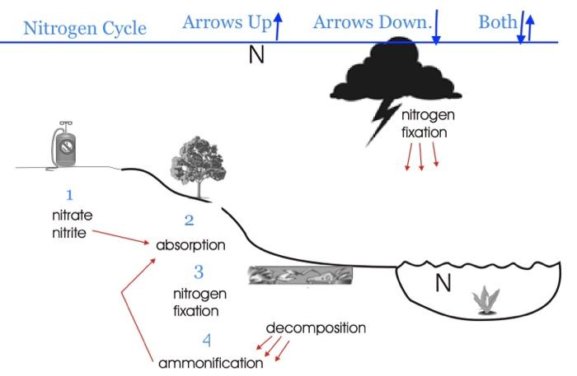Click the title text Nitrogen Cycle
(x=85, y=29)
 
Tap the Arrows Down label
(x=372, y=22)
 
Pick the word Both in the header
(x=496, y=22)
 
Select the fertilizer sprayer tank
(x=63, y=146)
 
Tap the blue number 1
(x=70, y=195)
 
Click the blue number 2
(x=189, y=220)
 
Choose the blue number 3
(x=198, y=271)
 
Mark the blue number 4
(x=207, y=339)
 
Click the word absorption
(x=190, y=245)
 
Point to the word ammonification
(x=210, y=363)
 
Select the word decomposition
(x=316, y=327)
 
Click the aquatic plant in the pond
(x=485, y=302)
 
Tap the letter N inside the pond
(x=443, y=284)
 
